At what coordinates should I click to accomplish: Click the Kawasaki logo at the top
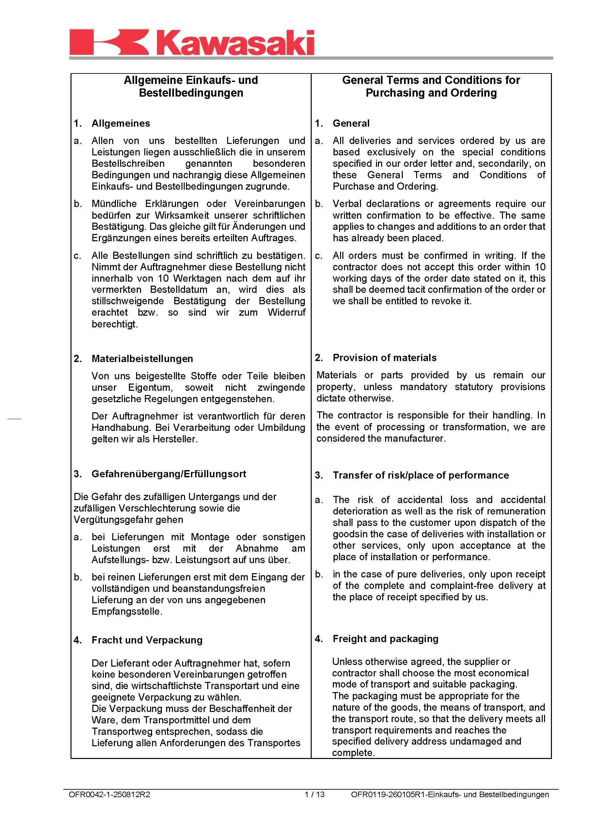click(192, 43)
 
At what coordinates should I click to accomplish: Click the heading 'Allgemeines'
click(121, 123)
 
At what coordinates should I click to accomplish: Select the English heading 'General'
click(351, 123)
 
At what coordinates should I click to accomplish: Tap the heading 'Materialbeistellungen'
click(142, 358)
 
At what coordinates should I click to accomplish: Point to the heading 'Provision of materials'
click(384, 357)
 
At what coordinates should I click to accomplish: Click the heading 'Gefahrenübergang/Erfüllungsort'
click(169, 474)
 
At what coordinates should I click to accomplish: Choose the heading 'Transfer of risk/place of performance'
click(421, 475)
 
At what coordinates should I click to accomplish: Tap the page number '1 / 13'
click(315, 794)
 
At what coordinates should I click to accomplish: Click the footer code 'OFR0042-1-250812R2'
click(109, 794)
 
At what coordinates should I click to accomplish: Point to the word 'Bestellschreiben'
click(128, 164)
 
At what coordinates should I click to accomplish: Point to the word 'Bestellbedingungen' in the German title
click(191, 93)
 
